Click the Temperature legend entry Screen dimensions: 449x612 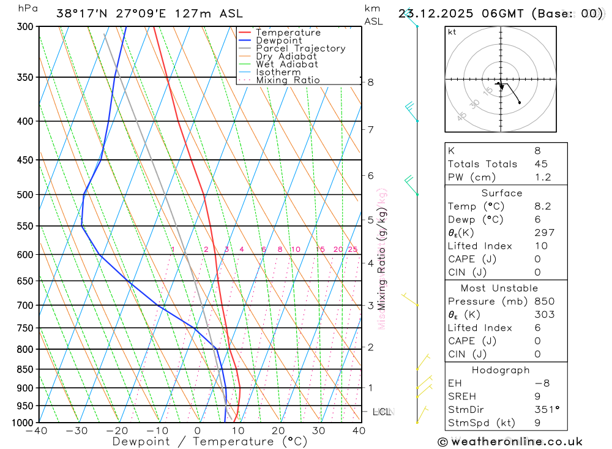(x=288, y=32)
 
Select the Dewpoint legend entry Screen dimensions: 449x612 (x=278, y=40)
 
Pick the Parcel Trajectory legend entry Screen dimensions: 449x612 (x=300, y=48)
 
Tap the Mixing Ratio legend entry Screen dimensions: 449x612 (x=288, y=80)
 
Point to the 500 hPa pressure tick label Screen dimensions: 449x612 (x=25, y=195)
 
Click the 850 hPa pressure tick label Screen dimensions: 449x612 (x=25, y=369)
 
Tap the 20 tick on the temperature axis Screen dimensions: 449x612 (x=278, y=431)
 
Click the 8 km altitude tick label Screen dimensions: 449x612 (x=371, y=82)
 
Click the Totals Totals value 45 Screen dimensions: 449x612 (x=541, y=164)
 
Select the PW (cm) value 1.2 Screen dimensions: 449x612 (x=542, y=178)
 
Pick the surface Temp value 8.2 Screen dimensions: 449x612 (x=542, y=206)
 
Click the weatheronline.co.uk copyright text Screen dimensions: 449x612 (x=510, y=442)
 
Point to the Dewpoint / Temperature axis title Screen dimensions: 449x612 (x=210, y=441)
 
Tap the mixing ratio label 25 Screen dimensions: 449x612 (x=353, y=249)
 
